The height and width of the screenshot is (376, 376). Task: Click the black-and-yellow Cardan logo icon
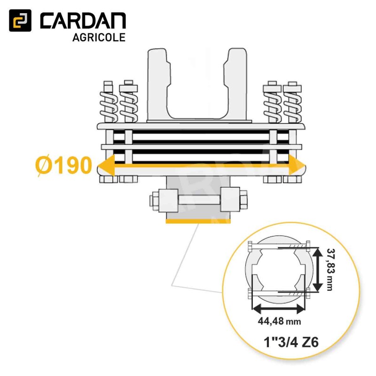(20, 20)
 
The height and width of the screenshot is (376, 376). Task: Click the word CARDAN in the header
(83, 21)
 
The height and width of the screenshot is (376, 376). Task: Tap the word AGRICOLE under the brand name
(99, 38)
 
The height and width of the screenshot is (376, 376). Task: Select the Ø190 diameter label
(64, 165)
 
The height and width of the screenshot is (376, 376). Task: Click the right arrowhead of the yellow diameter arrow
(297, 165)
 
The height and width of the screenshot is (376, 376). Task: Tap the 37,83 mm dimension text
(330, 270)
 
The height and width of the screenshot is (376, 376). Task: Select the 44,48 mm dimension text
(279, 321)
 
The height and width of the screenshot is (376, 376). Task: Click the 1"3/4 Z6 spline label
(291, 342)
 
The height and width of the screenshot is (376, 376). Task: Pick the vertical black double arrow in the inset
(318, 269)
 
